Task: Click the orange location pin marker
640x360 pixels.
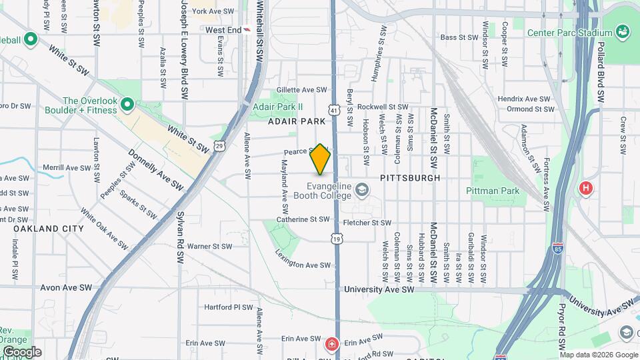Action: click(x=321, y=159)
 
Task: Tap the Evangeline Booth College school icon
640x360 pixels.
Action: click(x=361, y=191)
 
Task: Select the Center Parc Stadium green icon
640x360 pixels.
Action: click(x=623, y=32)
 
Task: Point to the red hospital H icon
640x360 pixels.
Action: click(x=586, y=188)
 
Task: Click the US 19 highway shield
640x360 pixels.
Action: click(x=337, y=238)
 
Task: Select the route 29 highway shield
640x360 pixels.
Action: click(x=220, y=145)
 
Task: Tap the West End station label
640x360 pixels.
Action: click(x=223, y=30)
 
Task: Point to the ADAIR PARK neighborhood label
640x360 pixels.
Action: click(x=297, y=121)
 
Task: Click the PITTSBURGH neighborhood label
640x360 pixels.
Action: click(x=410, y=178)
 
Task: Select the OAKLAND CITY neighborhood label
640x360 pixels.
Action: click(x=49, y=228)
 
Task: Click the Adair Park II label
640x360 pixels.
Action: click(x=278, y=107)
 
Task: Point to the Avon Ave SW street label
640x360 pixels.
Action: click(x=65, y=288)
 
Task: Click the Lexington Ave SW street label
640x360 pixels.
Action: click(x=303, y=259)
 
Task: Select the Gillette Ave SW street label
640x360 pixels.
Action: click(x=303, y=90)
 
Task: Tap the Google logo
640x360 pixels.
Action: click(x=22, y=352)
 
